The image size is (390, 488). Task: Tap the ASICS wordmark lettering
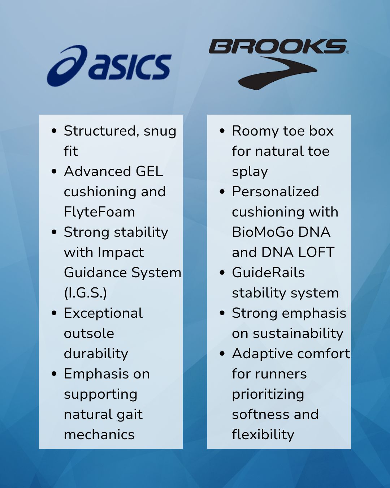(131, 67)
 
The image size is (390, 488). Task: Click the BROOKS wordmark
(278, 46)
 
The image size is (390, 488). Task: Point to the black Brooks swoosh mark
(278, 73)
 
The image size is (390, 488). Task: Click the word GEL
(149, 171)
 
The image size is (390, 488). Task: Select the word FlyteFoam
(99, 212)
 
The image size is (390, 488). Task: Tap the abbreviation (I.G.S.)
(86, 293)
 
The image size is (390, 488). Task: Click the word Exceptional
(103, 313)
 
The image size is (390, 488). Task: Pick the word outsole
(89, 333)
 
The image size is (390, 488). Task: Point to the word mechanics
(99, 435)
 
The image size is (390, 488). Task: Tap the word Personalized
(275, 192)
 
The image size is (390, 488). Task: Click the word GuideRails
(268, 273)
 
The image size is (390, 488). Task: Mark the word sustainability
(298, 334)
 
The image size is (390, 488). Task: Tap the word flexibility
(263, 435)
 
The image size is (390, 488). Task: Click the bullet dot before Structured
(54, 131)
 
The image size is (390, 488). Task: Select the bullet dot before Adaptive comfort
(222, 354)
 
